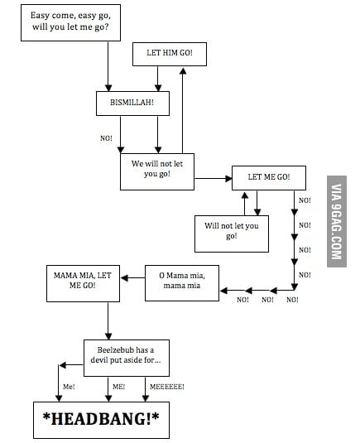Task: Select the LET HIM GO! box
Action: (x=169, y=55)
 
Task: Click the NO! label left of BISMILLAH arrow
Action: (x=106, y=138)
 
